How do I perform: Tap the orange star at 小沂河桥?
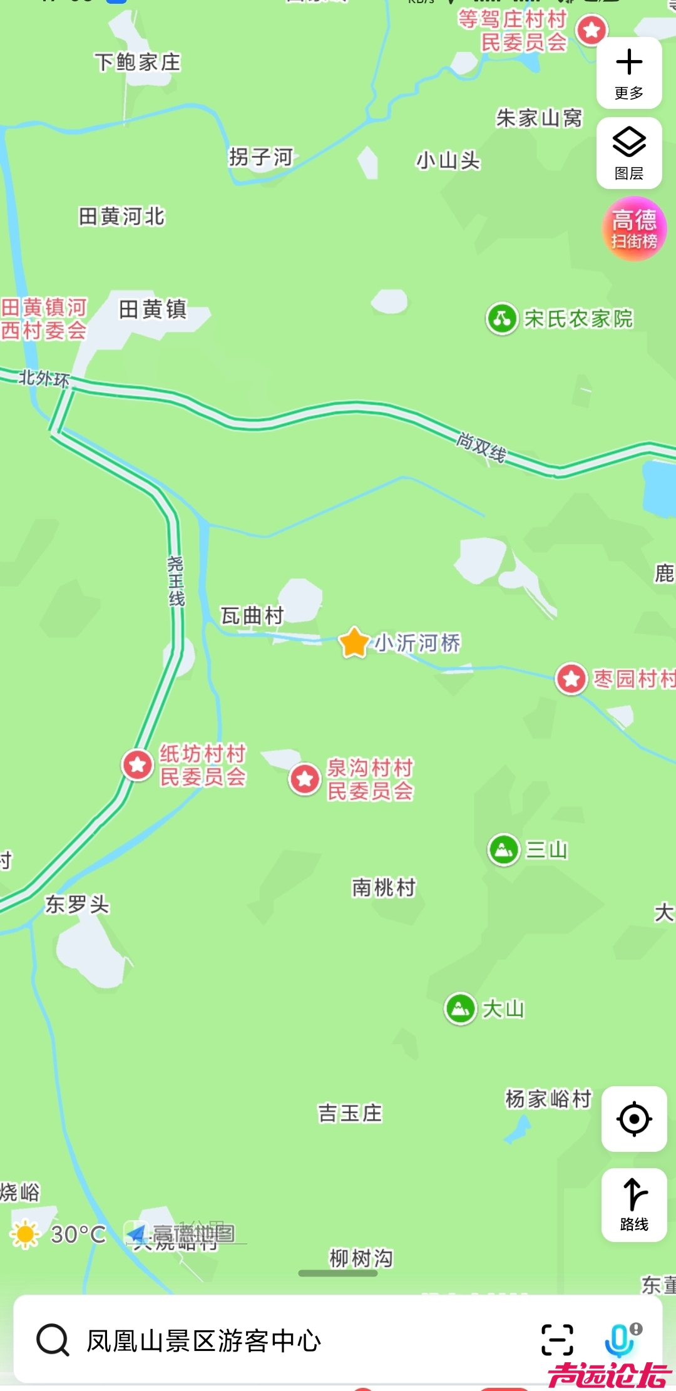click(354, 643)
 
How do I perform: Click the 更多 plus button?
click(629, 72)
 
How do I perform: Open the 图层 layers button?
click(629, 152)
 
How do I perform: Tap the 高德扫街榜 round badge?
click(634, 229)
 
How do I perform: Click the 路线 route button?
click(634, 1204)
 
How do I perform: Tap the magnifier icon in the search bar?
click(53, 1340)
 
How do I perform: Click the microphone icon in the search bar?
click(620, 1340)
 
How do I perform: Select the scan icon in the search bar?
click(557, 1340)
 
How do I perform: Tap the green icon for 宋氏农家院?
click(502, 319)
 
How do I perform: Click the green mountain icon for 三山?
click(504, 849)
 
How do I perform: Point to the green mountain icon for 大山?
click(461, 1009)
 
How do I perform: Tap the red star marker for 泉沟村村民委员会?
click(305, 779)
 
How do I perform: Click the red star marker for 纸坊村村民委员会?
click(138, 764)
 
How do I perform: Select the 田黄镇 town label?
click(153, 309)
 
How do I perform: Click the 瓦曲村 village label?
click(252, 616)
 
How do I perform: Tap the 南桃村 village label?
click(384, 888)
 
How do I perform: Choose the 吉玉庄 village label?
click(350, 1113)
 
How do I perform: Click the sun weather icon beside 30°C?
click(26, 1234)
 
